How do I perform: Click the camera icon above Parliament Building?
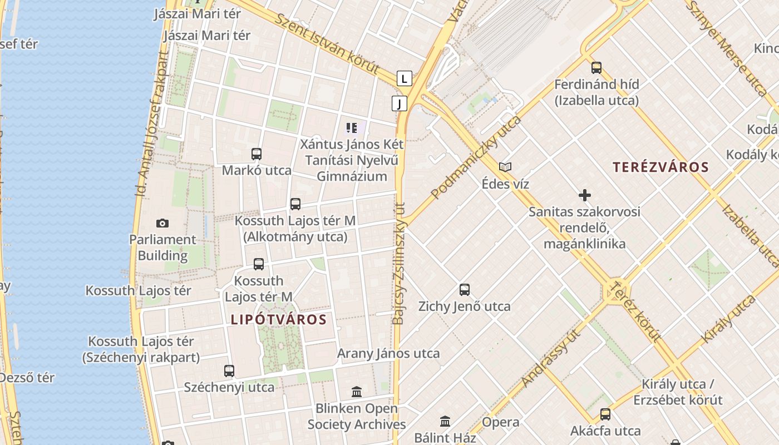coord(162,223)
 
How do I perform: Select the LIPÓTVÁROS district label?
coord(278,319)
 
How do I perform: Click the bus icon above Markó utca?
coord(257,154)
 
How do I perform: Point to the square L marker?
coord(405,78)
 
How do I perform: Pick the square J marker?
coord(399,103)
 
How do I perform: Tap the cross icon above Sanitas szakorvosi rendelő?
coord(584,195)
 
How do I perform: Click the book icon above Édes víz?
coord(505,167)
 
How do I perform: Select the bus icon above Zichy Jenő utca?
coord(465,289)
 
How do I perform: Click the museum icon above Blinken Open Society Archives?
coord(357,392)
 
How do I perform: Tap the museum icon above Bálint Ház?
coord(445,421)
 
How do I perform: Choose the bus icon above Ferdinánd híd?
coord(596,68)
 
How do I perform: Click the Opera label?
coord(501,422)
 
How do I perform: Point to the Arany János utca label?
coord(388,353)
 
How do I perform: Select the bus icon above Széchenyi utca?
coord(229,370)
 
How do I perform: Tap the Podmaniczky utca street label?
coord(476,157)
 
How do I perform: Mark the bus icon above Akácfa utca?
coord(605,414)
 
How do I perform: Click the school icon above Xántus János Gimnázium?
coord(351,128)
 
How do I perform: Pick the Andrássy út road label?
coord(551,358)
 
